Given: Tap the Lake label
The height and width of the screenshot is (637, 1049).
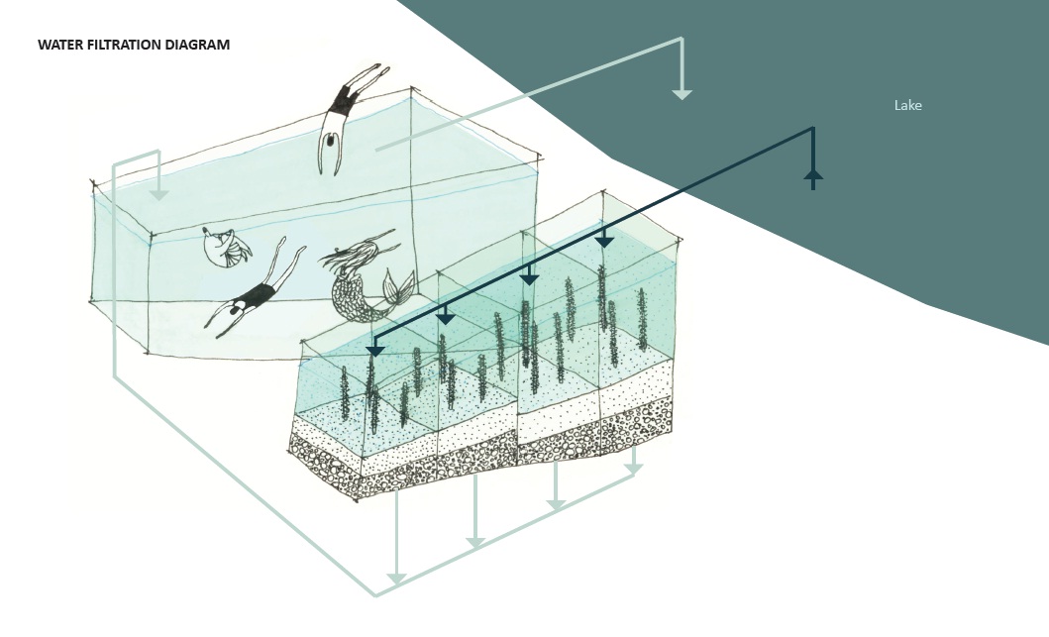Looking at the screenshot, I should click(907, 105).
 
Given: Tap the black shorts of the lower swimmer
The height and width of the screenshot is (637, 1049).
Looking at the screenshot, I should click(259, 294).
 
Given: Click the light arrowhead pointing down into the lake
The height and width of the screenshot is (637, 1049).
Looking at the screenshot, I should click(682, 94).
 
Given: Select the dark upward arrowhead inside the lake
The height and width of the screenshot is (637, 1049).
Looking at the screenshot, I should click(813, 175).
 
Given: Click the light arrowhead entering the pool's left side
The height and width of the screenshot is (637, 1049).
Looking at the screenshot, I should click(158, 195).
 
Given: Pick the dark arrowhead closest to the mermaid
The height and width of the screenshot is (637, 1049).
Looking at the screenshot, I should click(374, 351).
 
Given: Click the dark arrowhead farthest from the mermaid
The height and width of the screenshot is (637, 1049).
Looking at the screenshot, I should click(604, 242).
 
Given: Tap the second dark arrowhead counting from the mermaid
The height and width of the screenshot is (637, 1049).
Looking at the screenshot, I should click(446, 318).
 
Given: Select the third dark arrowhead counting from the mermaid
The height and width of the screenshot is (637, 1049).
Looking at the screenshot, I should click(529, 279).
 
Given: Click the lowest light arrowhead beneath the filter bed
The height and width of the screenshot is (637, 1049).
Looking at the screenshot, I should click(396, 579).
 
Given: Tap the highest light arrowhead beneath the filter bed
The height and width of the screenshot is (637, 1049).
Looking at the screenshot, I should click(633, 468).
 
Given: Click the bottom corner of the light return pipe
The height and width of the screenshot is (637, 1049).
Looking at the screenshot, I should click(375, 595).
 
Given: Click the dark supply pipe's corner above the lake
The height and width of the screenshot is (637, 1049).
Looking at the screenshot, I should click(813, 128).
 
